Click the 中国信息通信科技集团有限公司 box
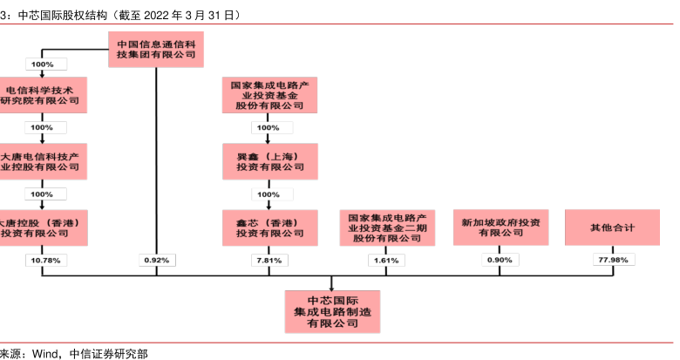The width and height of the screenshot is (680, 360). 156,47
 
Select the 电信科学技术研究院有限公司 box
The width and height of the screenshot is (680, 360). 42,94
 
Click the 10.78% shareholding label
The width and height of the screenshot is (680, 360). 42,260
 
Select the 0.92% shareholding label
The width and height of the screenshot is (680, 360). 157,260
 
